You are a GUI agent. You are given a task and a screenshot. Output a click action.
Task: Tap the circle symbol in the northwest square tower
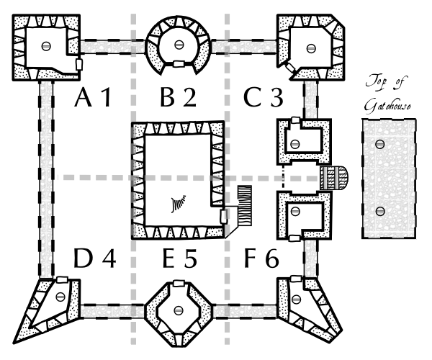pos(47,45)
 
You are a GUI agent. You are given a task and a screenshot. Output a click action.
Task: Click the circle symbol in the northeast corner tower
pos(310,48)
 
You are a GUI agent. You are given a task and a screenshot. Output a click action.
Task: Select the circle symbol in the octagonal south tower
pos(177,312)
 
